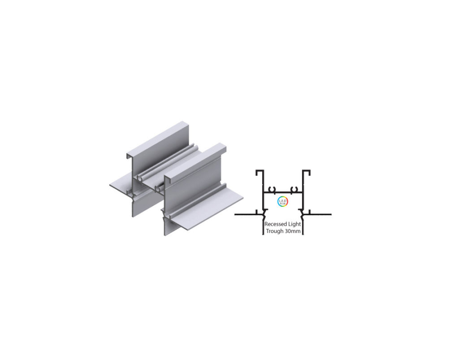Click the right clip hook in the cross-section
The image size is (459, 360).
coord(294,188)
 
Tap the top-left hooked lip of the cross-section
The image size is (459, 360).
coord(259,172)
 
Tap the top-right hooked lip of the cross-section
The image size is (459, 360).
coord(307,172)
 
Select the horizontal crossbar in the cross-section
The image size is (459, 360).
coord(282,192)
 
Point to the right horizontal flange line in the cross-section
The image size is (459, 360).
coord(319,214)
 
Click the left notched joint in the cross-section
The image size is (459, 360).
coord(264,213)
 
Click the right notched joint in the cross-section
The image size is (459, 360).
coord(302,213)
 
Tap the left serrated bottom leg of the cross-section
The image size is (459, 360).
coord(263,226)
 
